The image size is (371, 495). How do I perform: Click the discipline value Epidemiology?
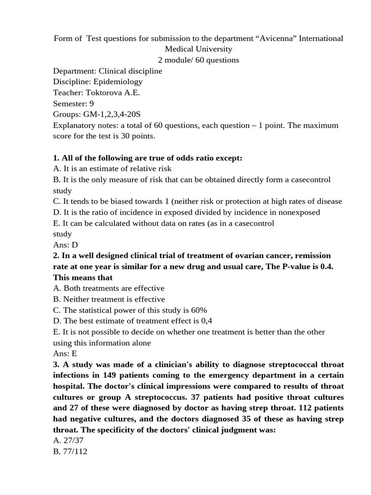118,82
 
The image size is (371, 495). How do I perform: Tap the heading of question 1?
147,158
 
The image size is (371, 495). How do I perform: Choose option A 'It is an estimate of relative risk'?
112,169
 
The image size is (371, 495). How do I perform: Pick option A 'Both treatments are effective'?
109,288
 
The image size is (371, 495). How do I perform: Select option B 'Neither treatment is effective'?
109,299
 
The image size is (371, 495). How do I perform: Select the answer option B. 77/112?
70,452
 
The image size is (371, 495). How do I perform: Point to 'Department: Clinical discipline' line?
107,71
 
